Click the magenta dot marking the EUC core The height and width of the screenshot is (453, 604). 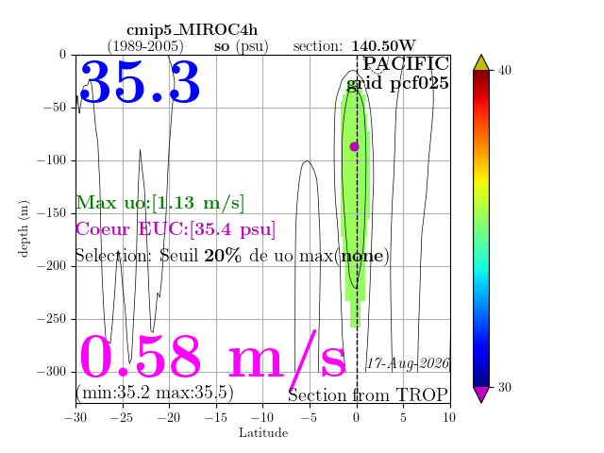[355, 147]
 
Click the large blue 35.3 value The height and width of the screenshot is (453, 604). [140, 82]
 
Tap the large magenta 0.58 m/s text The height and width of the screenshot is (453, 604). [212, 358]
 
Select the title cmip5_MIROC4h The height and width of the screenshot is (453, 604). [193, 30]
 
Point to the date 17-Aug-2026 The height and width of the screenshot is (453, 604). [408, 363]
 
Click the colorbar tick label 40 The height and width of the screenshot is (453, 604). [504, 71]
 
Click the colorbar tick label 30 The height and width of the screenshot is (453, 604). [504, 387]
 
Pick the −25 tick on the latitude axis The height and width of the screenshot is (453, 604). [123, 417]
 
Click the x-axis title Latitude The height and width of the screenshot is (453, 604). [263, 433]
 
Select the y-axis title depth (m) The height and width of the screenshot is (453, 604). [24, 228]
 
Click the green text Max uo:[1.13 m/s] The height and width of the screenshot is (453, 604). [159, 203]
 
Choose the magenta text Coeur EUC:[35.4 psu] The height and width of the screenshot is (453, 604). [176, 229]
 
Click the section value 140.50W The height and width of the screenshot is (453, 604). [383, 46]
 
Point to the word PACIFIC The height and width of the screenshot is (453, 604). [406, 63]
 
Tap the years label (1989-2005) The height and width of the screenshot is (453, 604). [145, 46]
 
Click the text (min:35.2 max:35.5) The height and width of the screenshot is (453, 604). [155, 393]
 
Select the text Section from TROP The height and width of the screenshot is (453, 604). [368, 395]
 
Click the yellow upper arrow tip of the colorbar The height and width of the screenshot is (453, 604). [481, 56]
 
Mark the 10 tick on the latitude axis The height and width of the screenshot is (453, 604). [449, 417]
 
